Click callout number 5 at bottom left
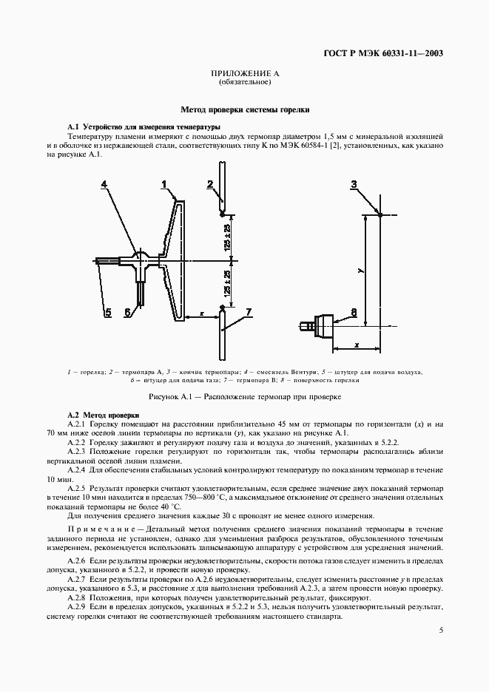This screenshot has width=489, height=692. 107,313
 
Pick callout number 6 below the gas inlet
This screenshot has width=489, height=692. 128,313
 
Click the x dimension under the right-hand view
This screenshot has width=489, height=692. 356,345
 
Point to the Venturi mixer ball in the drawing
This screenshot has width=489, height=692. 139,259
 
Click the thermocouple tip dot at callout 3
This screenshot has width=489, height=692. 380,214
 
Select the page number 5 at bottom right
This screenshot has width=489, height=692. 441,631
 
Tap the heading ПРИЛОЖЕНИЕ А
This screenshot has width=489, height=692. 244,74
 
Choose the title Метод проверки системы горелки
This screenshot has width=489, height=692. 245,109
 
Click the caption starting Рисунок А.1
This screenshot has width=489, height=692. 245,397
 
